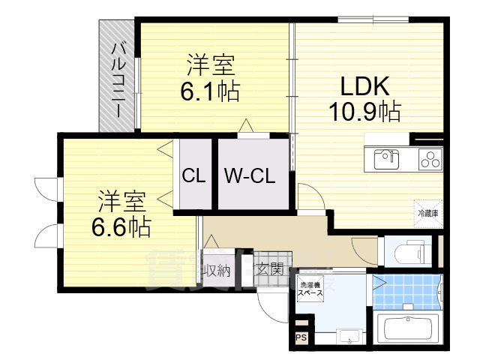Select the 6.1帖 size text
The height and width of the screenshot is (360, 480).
tap(209, 92)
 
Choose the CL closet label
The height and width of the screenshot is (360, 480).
tap(194, 177)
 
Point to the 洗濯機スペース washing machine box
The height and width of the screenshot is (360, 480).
tap(311, 289)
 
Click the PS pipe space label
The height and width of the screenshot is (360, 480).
tap(301, 339)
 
